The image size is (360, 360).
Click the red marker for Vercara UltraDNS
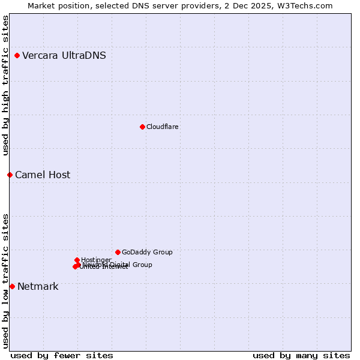(17, 56)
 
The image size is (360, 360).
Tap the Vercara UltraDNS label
(64, 56)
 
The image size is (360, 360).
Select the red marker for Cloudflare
(142, 127)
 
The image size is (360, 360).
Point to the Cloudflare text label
(163, 127)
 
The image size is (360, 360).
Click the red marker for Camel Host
(10, 175)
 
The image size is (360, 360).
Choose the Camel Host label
(43, 175)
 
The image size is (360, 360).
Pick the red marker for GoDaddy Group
(118, 252)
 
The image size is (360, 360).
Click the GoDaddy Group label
(147, 252)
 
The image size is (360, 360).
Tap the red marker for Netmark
(12, 286)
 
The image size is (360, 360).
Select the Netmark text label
(38, 287)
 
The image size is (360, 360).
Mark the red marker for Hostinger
(77, 260)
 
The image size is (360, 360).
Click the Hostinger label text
(96, 260)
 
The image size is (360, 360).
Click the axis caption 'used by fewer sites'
(62, 355)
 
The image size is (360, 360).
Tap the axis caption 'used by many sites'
(301, 355)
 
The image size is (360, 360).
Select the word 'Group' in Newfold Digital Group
(141, 265)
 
